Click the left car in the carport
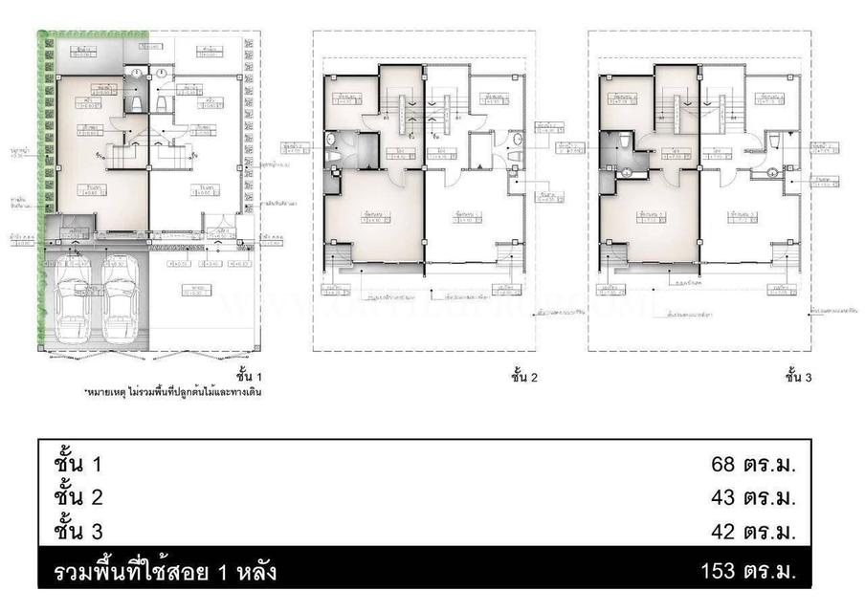pyautogui.click(x=74, y=298)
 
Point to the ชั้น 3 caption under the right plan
pyautogui.click(x=797, y=377)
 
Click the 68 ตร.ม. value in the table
pyautogui.click(x=753, y=466)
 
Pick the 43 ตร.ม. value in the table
pyautogui.click(x=753, y=498)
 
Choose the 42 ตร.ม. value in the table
pyautogui.click(x=753, y=531)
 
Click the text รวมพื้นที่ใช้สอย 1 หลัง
pyautogui.click(x=166, y=573)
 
